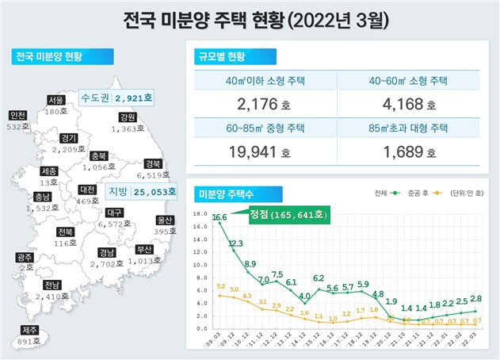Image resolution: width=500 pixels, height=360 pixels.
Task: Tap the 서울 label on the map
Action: coord(55,101)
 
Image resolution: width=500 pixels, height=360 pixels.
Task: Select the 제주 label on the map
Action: coord(29,331)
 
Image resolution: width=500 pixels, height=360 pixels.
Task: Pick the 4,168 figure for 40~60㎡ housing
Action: coord(402,104)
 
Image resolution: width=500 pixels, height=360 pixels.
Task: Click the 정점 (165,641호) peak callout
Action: coord(287,214)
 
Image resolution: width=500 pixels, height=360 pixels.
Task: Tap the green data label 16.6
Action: coord(219,217)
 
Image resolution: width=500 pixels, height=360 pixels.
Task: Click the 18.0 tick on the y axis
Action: coord(200,214)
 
